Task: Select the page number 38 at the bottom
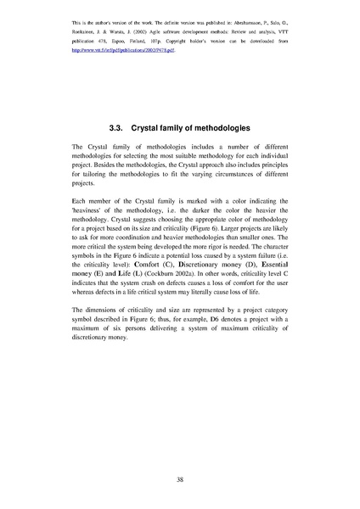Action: tap(180, 479)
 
